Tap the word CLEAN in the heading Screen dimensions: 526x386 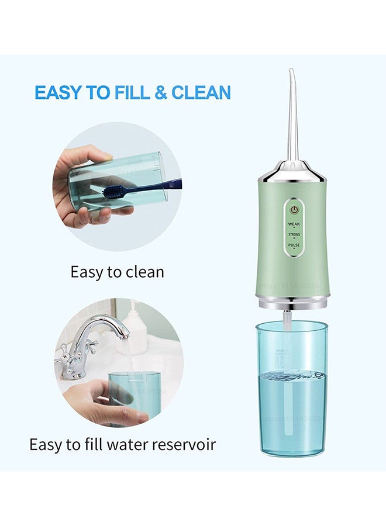(201, 92)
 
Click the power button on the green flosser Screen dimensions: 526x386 (294, 209)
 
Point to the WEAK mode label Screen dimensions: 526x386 (294, 223)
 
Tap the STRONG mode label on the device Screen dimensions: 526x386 (294, 234)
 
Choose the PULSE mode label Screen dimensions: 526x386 (294, 245)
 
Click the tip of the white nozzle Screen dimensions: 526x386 (291, 71)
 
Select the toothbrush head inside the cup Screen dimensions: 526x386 (118, 191)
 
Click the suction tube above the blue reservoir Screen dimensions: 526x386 (288, 319)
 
